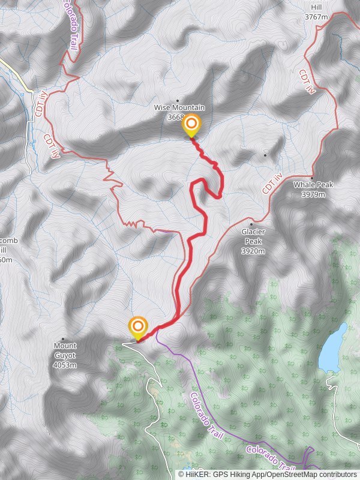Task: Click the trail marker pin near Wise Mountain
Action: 191,125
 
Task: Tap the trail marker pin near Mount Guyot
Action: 138,328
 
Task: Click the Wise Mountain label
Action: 179,107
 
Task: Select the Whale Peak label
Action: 313,185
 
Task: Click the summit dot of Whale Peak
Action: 312,178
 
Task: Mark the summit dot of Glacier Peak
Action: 251,224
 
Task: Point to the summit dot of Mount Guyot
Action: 62,339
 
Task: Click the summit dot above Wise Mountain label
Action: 178,100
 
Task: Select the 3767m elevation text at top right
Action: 316,17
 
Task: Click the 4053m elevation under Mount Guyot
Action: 65,365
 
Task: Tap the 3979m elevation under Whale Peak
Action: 313,194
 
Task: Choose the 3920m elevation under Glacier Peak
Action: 253,251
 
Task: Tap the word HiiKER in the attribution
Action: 197,474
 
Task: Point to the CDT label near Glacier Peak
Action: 272,183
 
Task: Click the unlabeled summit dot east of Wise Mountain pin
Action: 265,155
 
